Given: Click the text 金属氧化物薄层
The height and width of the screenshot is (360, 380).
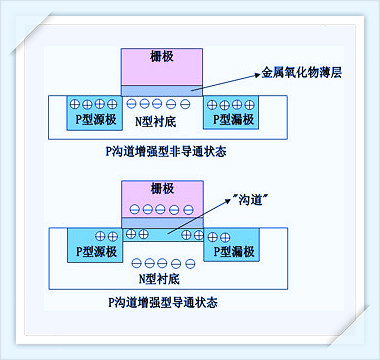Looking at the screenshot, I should [x=301, y=72].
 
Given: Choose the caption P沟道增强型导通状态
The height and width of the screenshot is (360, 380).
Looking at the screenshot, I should [x=161, y=300].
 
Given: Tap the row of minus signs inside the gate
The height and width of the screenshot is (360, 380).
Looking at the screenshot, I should [x=161, y=211].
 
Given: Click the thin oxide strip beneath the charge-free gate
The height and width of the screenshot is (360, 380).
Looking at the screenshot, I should [x=161, y=91].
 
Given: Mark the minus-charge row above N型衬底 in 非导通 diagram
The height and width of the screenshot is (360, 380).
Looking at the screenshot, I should [x=161, y=104].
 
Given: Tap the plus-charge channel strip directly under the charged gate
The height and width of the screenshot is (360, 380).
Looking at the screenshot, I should [x=161, y=234].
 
